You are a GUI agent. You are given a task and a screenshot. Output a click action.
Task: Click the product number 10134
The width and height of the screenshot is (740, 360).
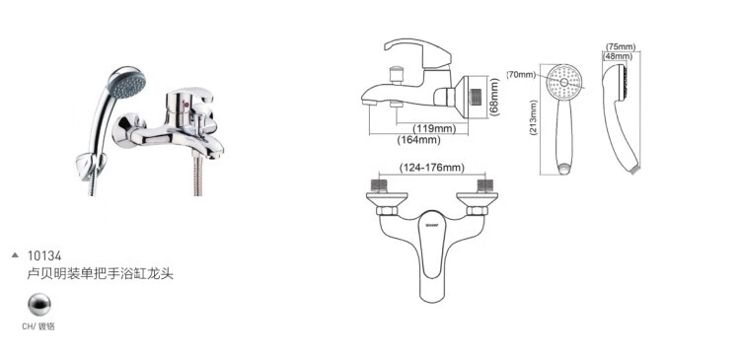(x=44, y=256)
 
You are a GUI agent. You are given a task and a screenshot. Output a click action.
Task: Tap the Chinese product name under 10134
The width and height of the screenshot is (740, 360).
(x=100, y=274)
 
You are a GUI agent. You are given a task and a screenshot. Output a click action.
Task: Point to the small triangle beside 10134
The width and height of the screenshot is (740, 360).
(x=15, y=255)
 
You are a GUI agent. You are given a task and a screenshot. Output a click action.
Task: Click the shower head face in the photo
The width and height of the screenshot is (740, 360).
(x=126, y=84)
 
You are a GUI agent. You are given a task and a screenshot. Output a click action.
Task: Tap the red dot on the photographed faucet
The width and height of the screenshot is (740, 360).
(x=186, y=105)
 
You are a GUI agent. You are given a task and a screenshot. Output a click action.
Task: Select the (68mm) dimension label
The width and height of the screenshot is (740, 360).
(x=493, y=98)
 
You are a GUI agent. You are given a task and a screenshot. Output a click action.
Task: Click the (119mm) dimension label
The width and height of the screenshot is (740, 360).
(x=434, y=128)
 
